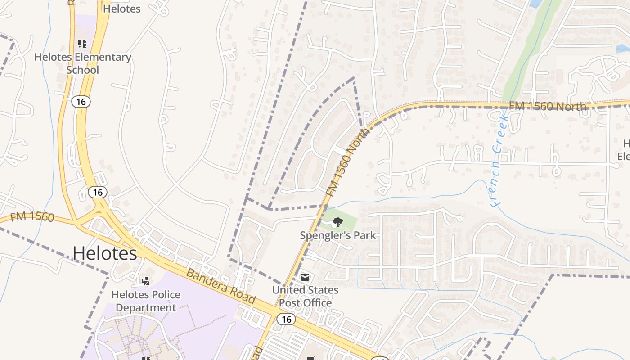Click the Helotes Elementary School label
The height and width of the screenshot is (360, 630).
(x=83, y=63)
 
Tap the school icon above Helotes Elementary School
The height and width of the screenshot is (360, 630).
(x=82, y=44)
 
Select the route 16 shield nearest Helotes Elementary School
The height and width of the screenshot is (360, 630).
(x=81, y=102)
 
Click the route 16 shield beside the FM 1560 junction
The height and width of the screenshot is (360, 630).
(x=98, y=193)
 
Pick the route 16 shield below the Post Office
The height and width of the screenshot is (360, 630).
(x=286, y=319)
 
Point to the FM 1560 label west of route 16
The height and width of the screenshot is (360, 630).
(x=32, y=216)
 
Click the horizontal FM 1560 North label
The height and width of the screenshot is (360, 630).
(x=548, y=106)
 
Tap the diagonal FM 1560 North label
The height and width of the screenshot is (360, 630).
(x=347, y=162)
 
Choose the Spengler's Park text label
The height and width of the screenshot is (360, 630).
(x=338, y=235)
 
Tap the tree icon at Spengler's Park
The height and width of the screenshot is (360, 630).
(x=337, y=221)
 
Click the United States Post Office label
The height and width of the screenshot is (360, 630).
(x=305, y=296)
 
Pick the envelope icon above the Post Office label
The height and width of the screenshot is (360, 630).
(x=305, y=277)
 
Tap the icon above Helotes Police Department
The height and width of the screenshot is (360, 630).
(x=145, y=281)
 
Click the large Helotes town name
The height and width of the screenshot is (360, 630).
(x=105, y=253)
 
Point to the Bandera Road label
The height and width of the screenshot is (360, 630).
(x=220, y=287)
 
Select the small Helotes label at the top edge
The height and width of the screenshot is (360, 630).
(x=121, y=9)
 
